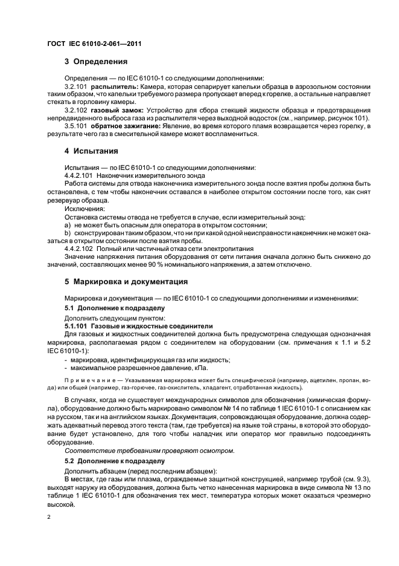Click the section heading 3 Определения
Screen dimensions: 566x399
[x=96, y=61]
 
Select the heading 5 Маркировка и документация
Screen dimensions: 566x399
[x=130, y=281]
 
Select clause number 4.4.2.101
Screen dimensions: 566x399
[x=80, y=175]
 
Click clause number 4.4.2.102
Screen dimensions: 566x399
[x=80, y=249]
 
